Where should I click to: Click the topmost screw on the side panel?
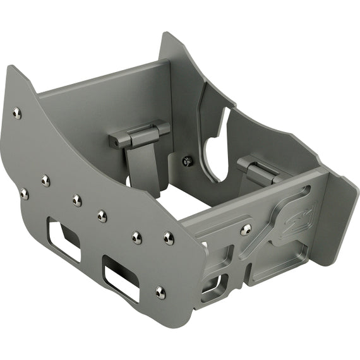tap(16, 112)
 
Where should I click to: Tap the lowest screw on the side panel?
tap(160, 292)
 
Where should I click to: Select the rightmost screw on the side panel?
tap(169, 238)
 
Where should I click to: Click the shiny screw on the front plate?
tap(246, 229)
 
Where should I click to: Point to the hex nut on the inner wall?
tap(187, 161)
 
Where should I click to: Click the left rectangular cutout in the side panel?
tap(64, 240)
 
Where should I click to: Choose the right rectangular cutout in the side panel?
tap(121, 279)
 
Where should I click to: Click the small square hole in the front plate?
tap(210, 287)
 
